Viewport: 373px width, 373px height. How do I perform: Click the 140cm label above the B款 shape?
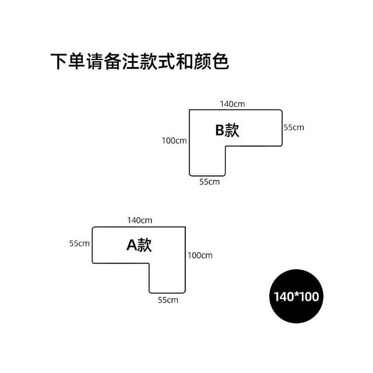pos(232,104)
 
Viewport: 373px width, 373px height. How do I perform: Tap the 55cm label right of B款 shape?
pos(293,127)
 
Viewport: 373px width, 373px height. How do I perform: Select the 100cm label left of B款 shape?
pos(174,140)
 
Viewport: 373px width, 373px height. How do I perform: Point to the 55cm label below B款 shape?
pos(209,182)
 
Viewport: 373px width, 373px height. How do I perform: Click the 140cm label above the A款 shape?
pos(139,220)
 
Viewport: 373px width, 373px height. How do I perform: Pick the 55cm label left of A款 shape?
pos(79,243)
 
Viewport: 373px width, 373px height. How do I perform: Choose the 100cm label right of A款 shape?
pos(200,255)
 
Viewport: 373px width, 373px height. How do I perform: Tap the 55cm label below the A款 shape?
pos(168,300)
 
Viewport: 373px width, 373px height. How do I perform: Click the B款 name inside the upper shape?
pos(227,130)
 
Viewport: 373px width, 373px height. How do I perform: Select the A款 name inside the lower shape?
pos(139,245)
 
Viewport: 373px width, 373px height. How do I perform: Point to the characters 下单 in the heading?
pos(69,62)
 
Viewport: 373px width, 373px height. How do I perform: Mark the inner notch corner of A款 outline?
pos(149,264)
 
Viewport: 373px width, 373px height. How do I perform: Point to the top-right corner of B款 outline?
pos(282,110)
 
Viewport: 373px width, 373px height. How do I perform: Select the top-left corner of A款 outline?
pos(93,227)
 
